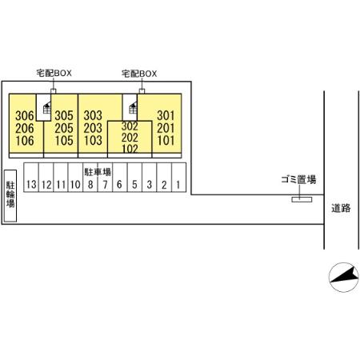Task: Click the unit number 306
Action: pos(25,116)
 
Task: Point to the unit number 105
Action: pos(64,141)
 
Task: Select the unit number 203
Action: pos(93,128)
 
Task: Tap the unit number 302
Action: pos(130,126)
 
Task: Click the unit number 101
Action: pos(166,141)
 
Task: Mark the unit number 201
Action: pos(166,128)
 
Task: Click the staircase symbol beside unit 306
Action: pos(47,108)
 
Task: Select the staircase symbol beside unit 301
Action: pos(133,108)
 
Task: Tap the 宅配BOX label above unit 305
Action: pos(54,73)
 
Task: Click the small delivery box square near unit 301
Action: pos(142,91)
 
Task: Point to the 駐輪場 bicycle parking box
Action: pos(10,196)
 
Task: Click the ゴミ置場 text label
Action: pos(298,179)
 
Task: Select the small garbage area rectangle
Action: pos(302,199)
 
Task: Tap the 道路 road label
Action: pos(341,208)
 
